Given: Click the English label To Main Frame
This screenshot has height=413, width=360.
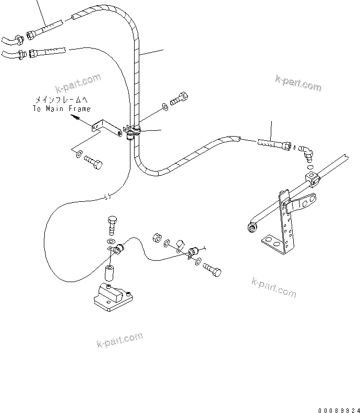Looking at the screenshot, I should (62, 108).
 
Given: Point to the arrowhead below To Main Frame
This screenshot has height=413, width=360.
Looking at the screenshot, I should (77, 119).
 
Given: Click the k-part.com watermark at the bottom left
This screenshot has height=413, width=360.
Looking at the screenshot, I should (119, 339).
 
